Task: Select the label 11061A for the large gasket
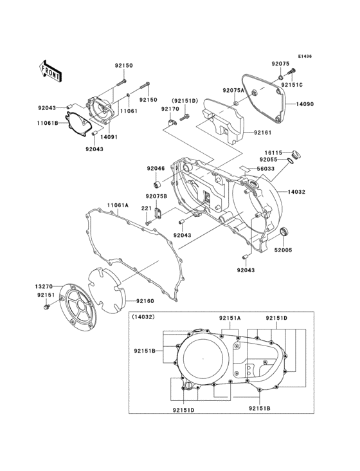coord(118,205)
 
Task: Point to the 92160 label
coord(145,300)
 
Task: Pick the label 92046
coord(156,169)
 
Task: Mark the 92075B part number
coord(156,196)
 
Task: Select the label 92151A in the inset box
coord(230,318)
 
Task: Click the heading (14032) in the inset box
coord(145,318)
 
